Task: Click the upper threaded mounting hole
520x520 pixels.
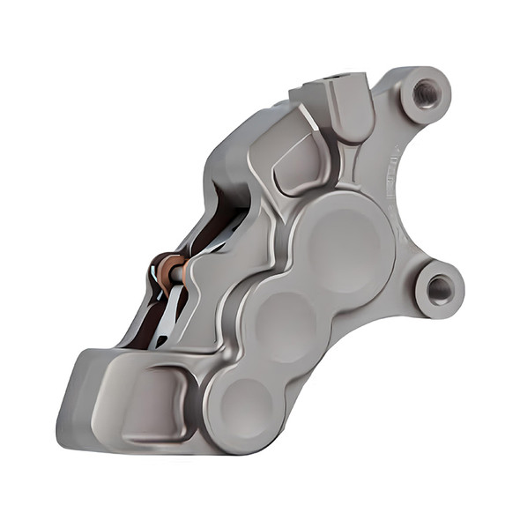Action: coord(426,93)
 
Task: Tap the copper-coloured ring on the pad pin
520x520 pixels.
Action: coord(166,267)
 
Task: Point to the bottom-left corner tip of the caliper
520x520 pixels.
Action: coord(66,436)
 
